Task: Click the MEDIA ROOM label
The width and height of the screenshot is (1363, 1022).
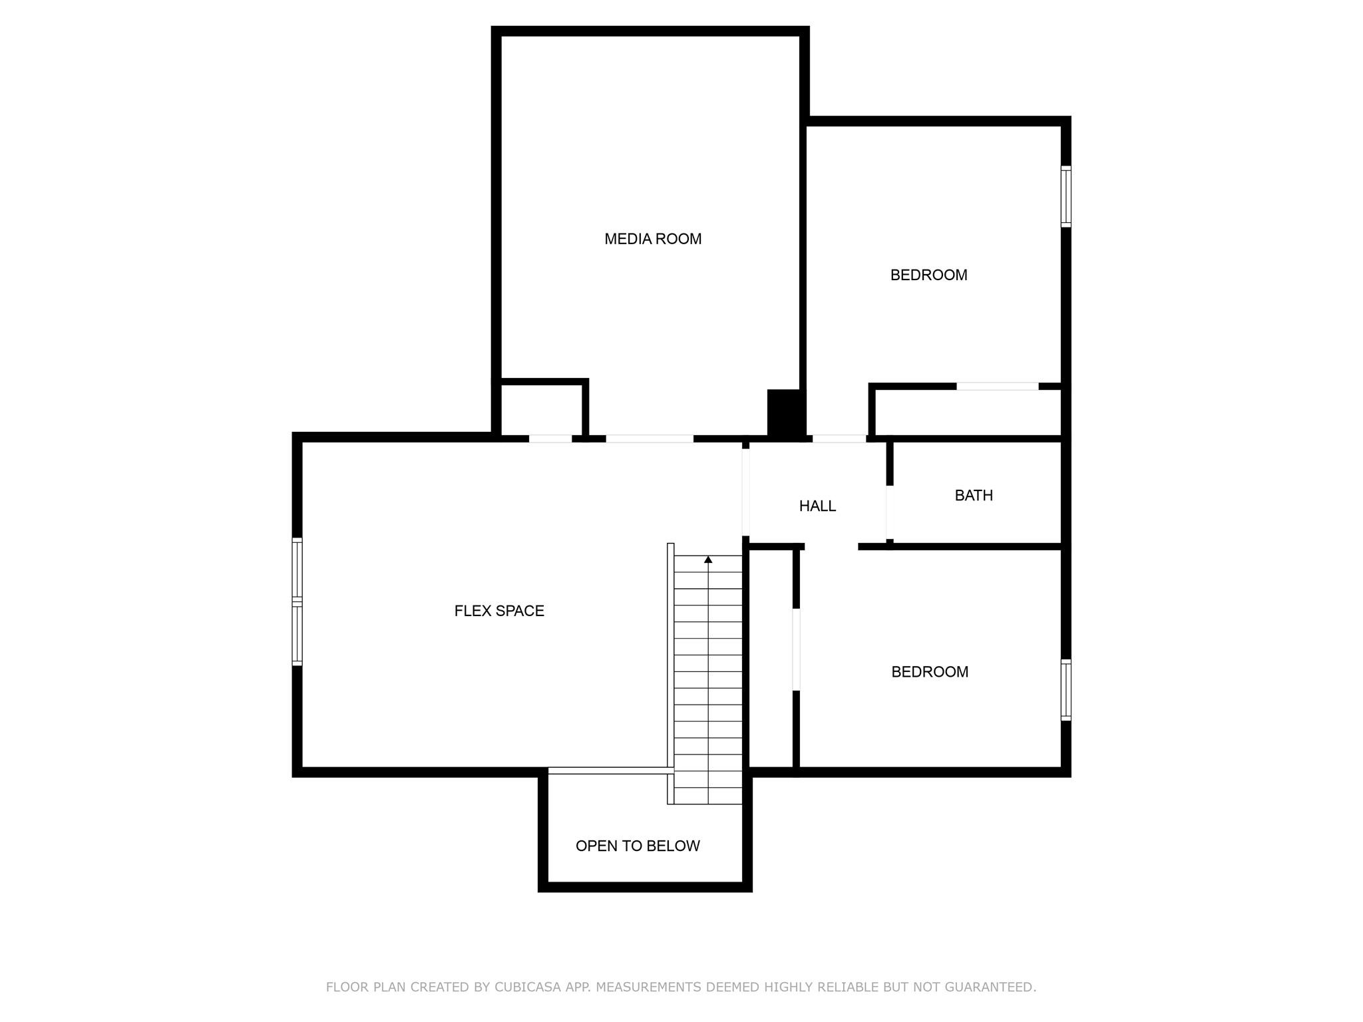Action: point(652,239)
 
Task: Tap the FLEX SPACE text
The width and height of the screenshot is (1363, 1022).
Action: point(499,611)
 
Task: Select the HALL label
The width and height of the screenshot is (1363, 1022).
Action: point(817,506)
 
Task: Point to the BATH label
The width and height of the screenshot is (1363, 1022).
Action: point(974,496)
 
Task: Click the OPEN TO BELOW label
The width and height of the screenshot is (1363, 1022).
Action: point(638,846)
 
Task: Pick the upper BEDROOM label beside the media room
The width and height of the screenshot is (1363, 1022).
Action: point(928,275)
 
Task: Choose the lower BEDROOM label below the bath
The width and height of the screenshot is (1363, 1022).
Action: point(930,672)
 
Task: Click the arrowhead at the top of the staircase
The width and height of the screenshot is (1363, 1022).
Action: point(708,560)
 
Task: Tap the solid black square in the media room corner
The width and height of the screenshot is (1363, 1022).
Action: point(785,413)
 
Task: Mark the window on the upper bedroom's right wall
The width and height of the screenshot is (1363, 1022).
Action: point(1066,196)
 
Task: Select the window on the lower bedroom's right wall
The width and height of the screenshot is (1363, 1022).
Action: point(1066,690)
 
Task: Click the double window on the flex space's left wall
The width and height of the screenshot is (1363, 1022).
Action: point(297,601)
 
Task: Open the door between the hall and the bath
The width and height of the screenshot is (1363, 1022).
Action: point(888,512)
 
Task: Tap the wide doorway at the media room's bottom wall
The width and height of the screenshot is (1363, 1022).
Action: point(649,439)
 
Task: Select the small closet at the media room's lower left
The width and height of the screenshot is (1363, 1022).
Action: point(542,409)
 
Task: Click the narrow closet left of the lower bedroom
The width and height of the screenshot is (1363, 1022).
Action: point(771,659)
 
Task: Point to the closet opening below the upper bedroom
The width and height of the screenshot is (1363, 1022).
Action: point(997,387)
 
